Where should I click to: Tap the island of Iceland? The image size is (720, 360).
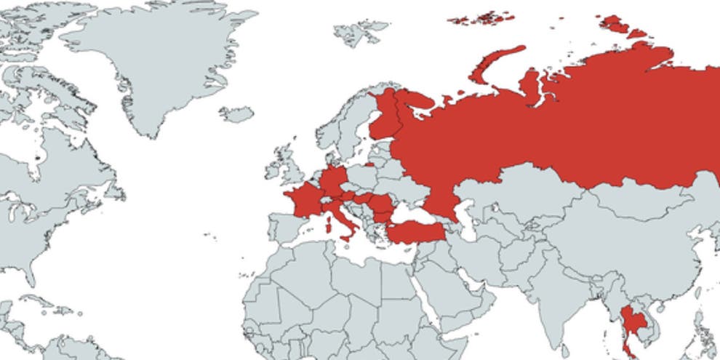236,114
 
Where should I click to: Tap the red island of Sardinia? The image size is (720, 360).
327,226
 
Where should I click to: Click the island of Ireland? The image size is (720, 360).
275,169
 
